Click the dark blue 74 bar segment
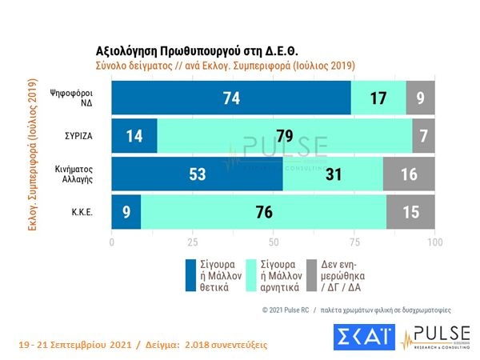coord(230,97)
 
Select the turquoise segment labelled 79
coord(283,135)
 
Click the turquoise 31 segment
coord(333,175)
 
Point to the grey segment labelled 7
coord(423,135)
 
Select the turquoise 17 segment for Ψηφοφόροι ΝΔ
coord(378,97)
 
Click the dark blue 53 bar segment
coord(197,175)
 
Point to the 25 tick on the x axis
coord(192,242)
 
